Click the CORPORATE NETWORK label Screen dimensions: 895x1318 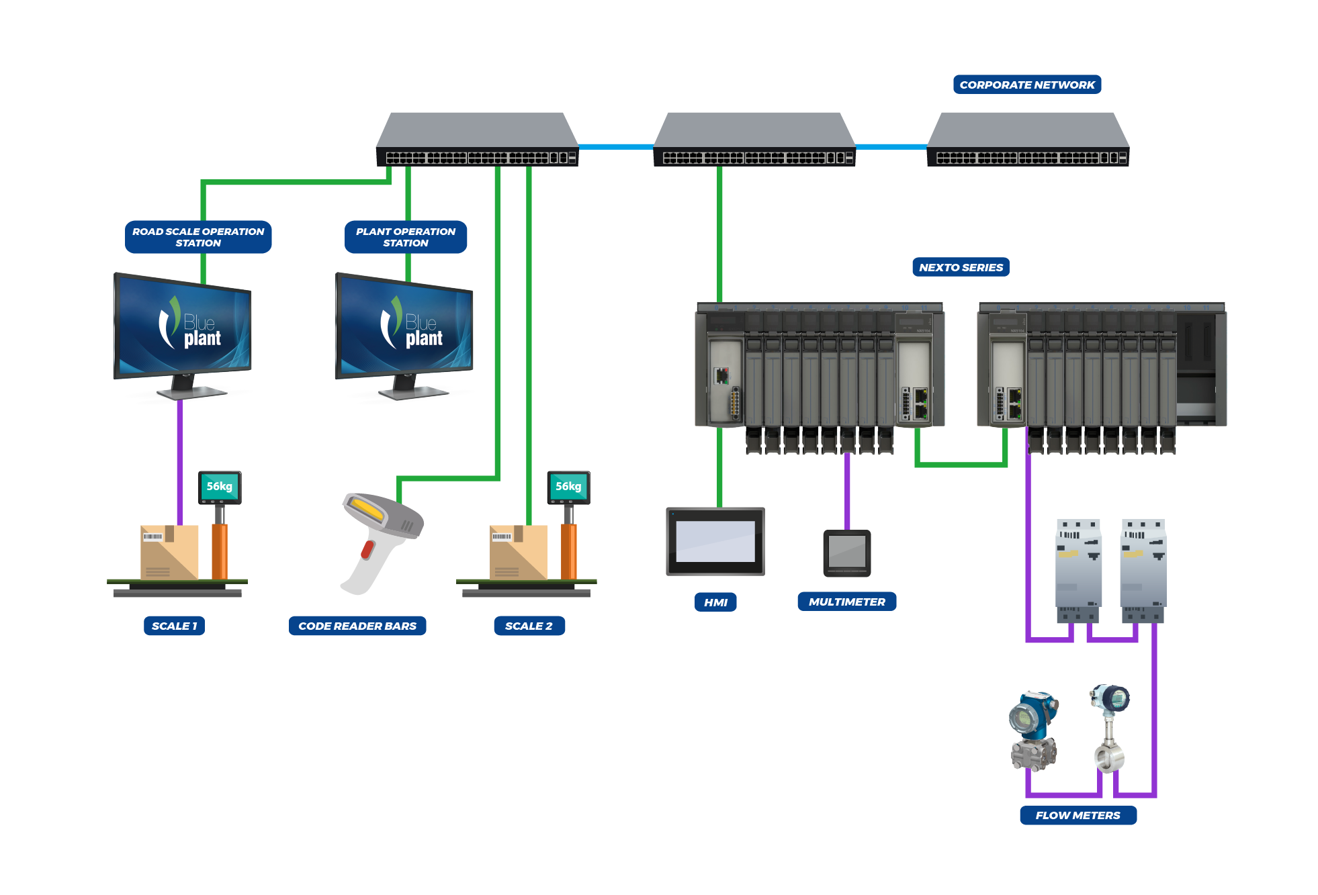coord(1026,85)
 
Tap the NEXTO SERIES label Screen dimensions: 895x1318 coord(960,267)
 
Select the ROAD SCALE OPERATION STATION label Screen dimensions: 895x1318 coord(198,237)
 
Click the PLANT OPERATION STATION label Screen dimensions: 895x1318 coord(405,237)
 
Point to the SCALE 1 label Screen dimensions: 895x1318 coord(174,626)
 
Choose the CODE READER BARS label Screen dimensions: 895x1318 coord(357,626)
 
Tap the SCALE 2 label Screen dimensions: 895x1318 coord(529,626)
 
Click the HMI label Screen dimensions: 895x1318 coord(715,602)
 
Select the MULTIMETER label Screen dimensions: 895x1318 coord(846,602)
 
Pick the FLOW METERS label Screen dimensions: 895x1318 coord(1078,815)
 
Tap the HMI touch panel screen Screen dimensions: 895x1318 coord(715,541)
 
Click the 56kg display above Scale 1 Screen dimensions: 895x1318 coord(220,487)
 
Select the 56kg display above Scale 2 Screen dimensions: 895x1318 coord(568,487)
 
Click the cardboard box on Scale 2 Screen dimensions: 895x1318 coord(517,552)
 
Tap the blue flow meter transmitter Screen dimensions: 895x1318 coord(1033,728)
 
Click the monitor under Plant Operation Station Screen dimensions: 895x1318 coord(404,329)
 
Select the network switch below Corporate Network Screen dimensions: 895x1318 coord(1027,139)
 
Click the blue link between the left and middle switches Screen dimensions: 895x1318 coord(615,146)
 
